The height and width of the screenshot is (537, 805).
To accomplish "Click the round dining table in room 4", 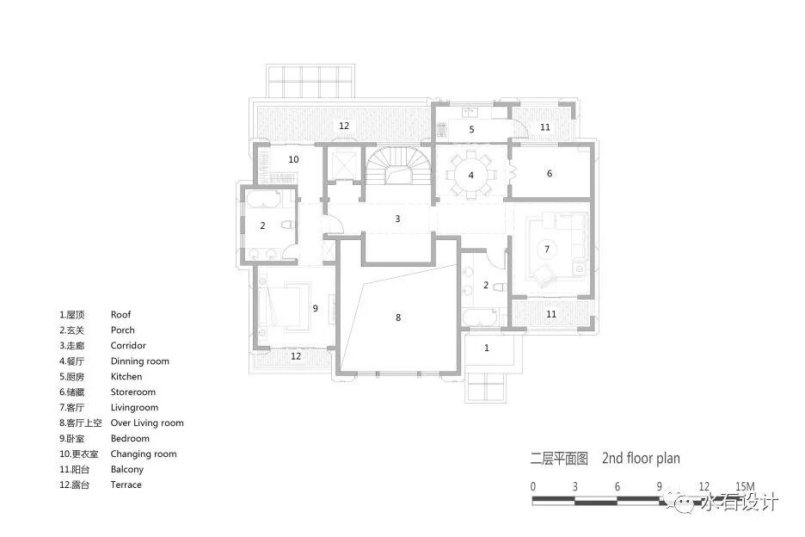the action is [470, 175].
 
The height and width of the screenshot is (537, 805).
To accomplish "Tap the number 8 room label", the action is [398, 318].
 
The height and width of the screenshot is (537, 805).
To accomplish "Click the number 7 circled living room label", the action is [547, 250].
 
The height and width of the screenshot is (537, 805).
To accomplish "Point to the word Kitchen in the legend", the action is [126, 376].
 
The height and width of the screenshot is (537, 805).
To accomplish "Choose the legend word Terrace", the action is [126, 485].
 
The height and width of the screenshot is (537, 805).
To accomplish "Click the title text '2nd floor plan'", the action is [642, 458].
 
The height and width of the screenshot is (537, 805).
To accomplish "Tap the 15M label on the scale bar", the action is [745, 486].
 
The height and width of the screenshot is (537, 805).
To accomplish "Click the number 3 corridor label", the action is [397, 219].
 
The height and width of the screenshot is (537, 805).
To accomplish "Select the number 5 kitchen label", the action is [472, 129].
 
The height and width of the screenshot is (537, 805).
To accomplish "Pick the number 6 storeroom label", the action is [550, 173].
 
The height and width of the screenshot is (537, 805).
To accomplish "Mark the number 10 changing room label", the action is [293, 159].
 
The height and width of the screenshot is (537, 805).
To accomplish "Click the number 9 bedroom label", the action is [316, 308].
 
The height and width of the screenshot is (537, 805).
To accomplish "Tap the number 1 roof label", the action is [487, 348].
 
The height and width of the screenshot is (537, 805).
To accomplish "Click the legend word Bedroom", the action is [130, 438].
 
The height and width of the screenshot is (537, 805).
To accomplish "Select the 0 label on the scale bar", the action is [533, 486].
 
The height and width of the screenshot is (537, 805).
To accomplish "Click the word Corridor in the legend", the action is [128, 345].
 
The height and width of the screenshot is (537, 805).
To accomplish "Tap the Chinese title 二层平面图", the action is [559, 459].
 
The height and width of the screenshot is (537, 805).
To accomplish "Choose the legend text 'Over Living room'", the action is [147, 423].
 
